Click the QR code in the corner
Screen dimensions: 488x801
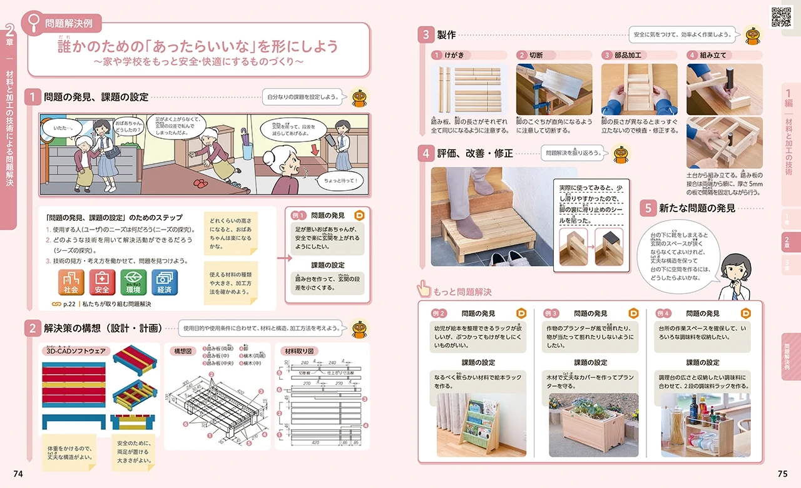coord(781,17)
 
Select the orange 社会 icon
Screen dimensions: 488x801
coord(71,282)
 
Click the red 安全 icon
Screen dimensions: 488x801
coord(102,282)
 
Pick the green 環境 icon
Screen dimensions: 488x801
coord(133,282)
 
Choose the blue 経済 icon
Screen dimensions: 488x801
coord(165,282)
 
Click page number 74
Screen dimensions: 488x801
coord(18,474)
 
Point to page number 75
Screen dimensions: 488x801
coord(782,474)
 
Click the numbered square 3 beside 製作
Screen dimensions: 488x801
coord(426,35)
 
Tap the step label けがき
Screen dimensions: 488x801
coord(455,55)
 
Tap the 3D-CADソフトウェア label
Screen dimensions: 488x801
coord(74,351)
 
